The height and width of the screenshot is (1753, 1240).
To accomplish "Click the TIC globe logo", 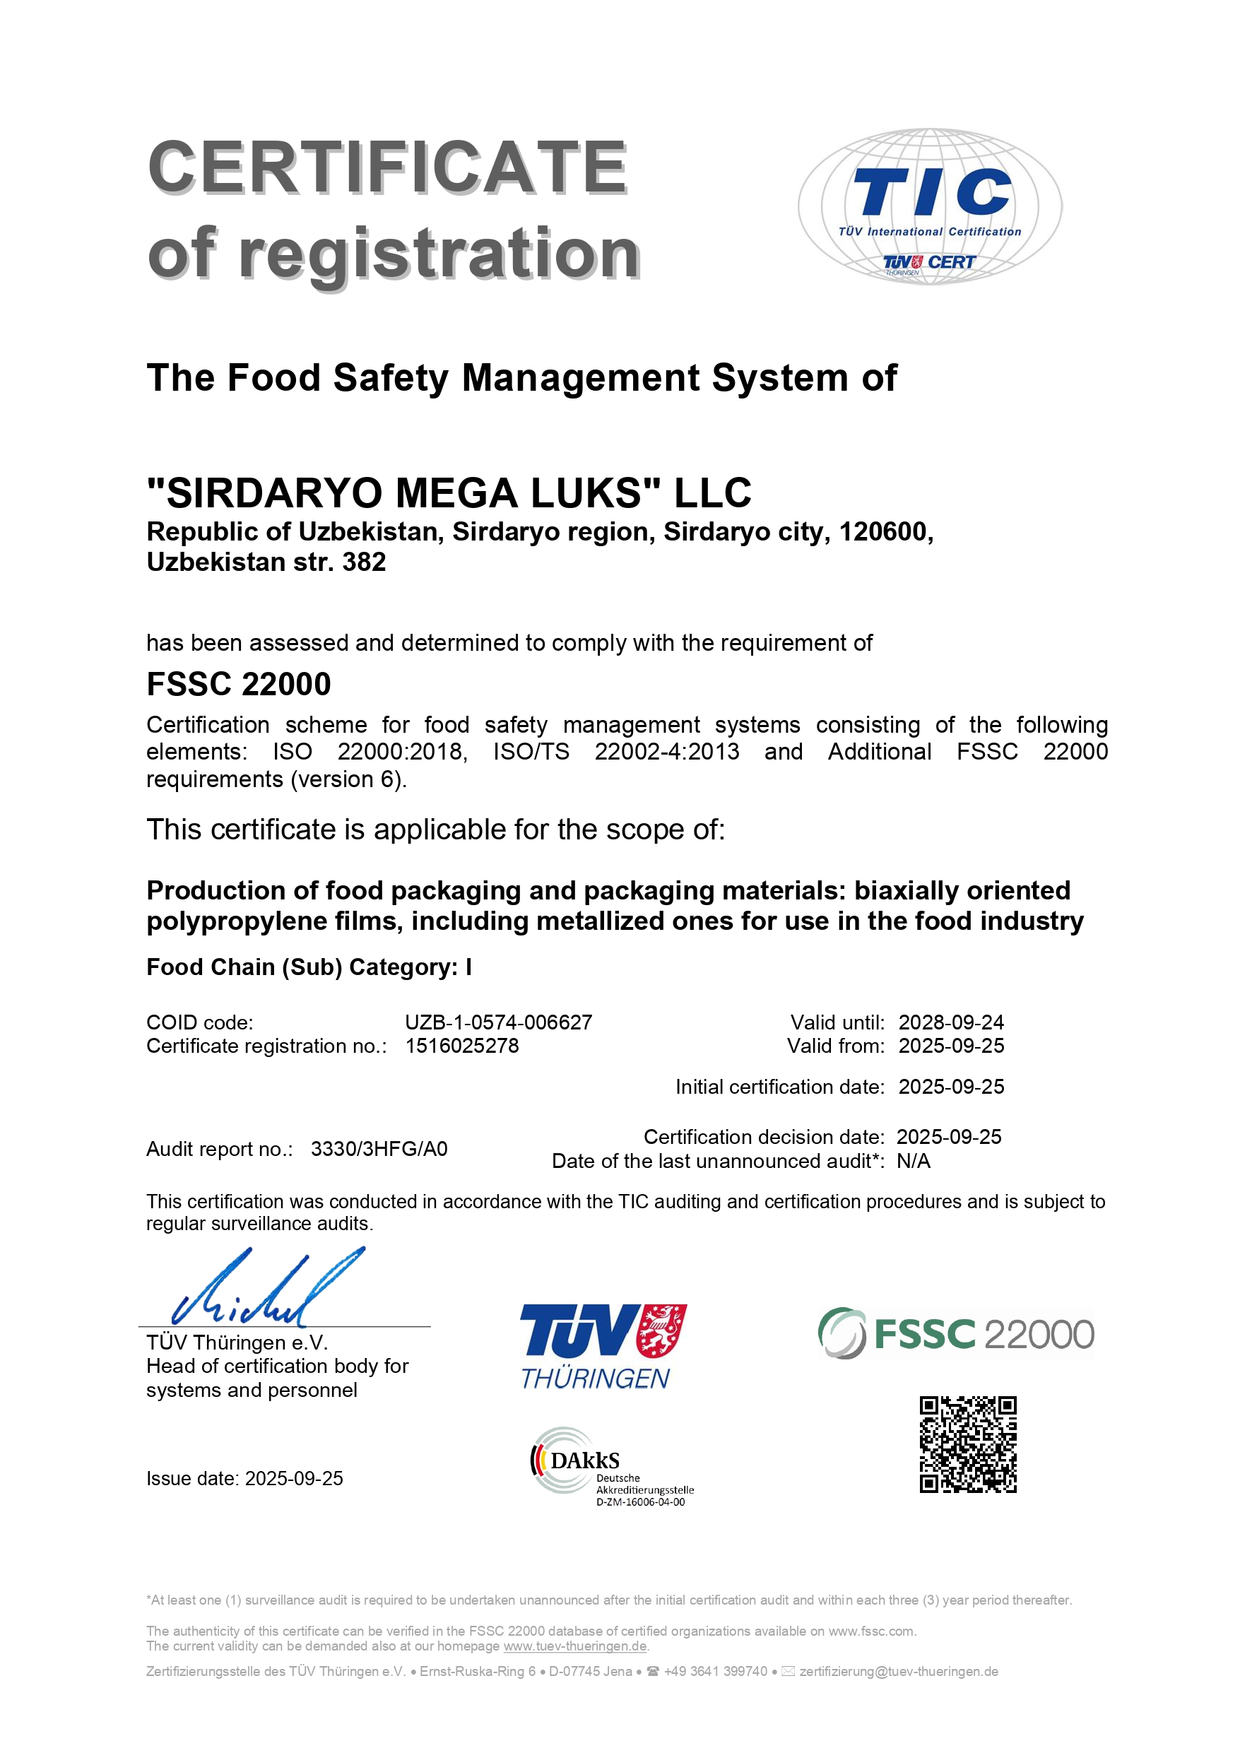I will pyautogui.click(x=929, y=206).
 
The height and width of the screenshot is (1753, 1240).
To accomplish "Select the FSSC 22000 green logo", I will pyautogui.click(x=956, y=1333).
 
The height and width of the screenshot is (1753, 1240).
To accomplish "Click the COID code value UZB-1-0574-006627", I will pyautogui.click(x=499, y=1022).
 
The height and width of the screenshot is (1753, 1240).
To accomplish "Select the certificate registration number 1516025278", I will pyautogui.click(x=462, y=1046).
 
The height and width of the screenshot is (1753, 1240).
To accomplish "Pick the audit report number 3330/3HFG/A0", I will pyautogui.click(x=379, y=1149).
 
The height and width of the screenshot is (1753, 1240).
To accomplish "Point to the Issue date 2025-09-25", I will pyautogui.click(x=293, y=1479).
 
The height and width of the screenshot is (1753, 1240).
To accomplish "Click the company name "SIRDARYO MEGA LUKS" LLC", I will pyautogui.click(x=449, y=492).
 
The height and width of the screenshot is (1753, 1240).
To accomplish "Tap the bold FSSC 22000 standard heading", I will pyautogui.click(x=238, y=684).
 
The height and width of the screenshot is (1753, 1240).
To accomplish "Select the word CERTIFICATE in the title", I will pyautogui.click(x=387, y=167).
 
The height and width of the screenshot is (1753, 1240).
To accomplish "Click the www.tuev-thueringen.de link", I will pyautogui.click(x=575, y=1646).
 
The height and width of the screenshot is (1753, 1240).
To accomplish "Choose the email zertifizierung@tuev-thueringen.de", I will pyautogui.click(x=899, y=1671).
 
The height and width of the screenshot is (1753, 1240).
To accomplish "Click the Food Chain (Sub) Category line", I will pyautogui.click(x=309, y=967).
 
